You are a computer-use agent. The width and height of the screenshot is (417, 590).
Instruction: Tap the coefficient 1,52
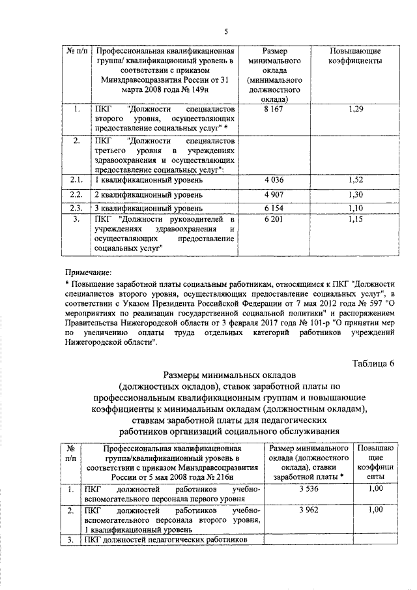(x=355, y=179)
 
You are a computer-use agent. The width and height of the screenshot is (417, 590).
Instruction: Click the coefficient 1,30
(x=355, y=194)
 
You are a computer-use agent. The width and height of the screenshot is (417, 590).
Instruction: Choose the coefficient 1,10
(x=355, y=208)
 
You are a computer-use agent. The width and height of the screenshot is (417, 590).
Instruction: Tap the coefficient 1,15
(x=355, y=220)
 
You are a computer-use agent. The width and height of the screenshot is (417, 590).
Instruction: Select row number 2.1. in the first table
(x=76, y=179)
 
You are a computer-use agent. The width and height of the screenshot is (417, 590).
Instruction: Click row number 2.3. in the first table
(x=76, y=208)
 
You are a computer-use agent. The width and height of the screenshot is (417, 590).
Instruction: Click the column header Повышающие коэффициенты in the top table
(x=355, y=55)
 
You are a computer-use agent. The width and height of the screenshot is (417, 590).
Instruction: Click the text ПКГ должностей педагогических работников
(x=166, y=540)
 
